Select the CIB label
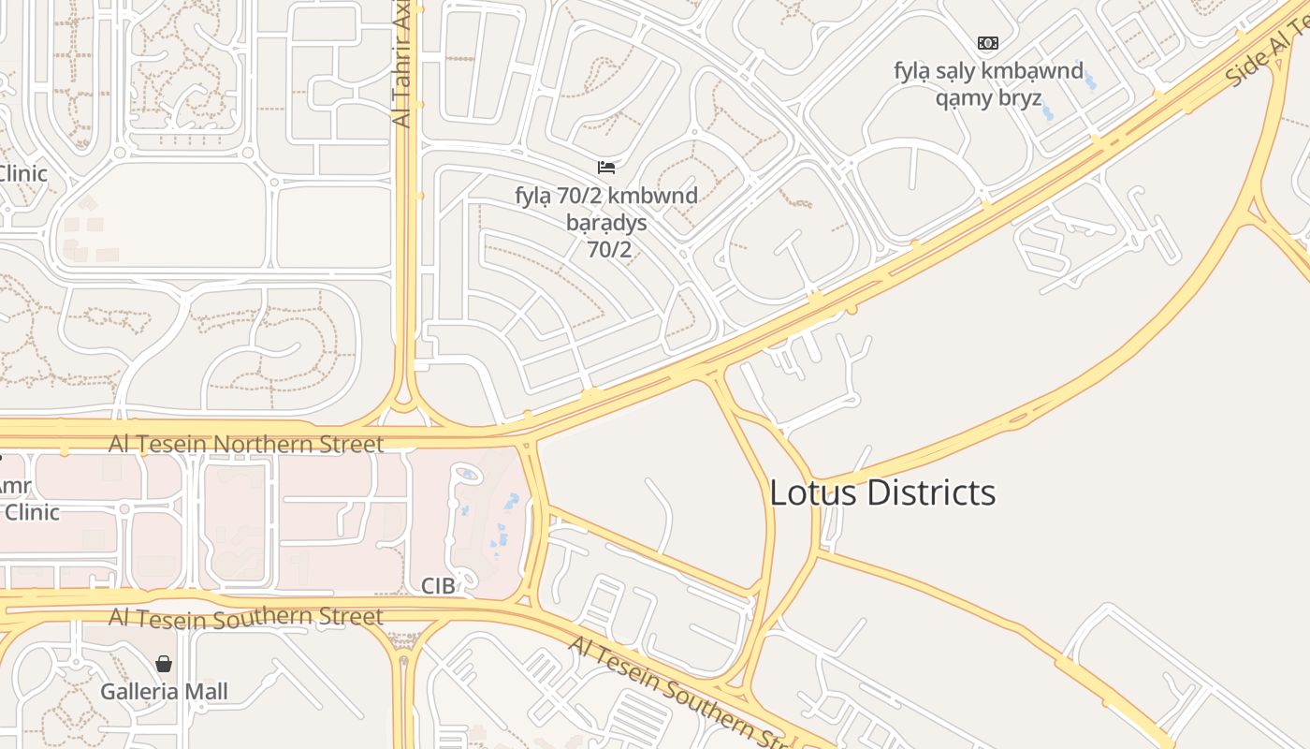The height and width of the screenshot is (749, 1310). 438,586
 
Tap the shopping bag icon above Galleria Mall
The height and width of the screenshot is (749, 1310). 164,664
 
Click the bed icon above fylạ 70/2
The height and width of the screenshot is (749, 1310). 606,168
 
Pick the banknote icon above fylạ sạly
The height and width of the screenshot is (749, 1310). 987,43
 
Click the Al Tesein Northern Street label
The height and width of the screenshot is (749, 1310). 246,444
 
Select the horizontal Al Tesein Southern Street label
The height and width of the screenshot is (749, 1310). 246,617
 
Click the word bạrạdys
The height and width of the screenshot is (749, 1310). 606,224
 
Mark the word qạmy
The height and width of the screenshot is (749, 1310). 961,98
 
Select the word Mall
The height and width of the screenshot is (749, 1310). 205,692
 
